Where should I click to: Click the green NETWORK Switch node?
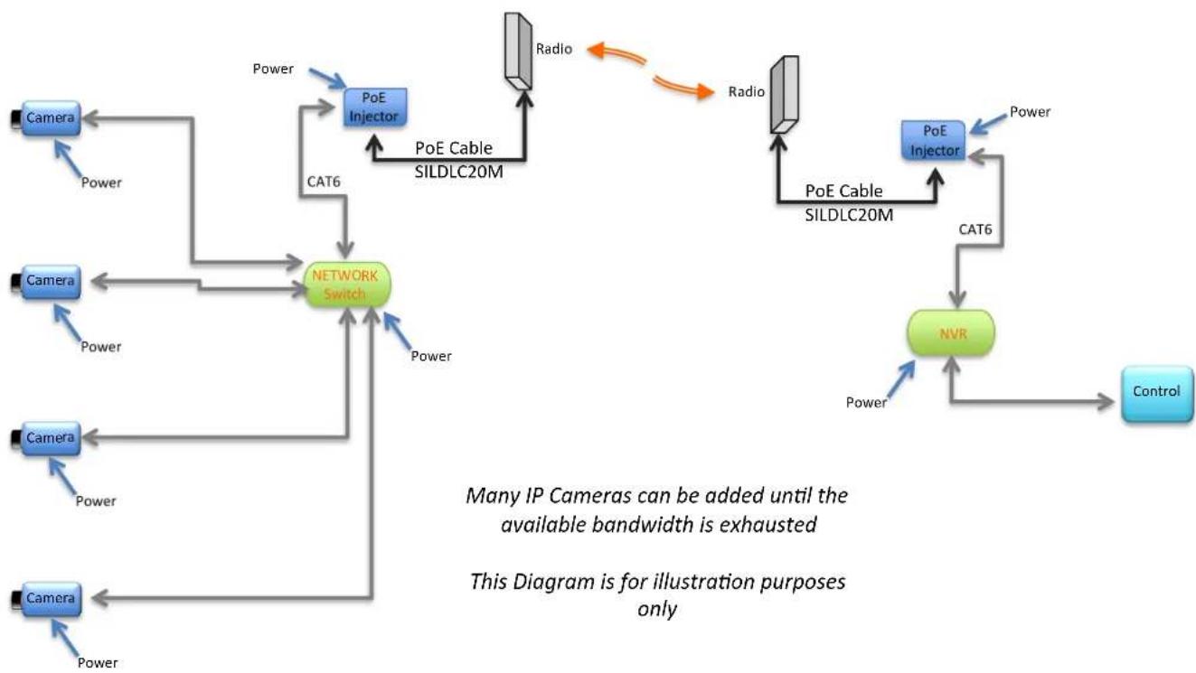(x=347, y=285)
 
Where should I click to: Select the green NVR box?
(x=951, y=333)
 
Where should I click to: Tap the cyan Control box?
(x=1157, y=394)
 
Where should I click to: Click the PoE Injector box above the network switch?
(x=375, y=107)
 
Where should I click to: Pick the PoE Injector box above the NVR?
(x=934, y=140)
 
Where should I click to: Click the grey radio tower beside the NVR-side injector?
(x=785, y=95)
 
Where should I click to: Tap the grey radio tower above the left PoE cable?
(x=518, y=51)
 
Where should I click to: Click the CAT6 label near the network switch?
(x=324, y=182)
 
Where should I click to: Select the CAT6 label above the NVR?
(x=975, y=229)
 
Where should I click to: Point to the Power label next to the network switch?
(x=431, y=356)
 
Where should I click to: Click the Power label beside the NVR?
(x=866, y=402)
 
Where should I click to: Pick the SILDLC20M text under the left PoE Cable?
(x=459, y=172)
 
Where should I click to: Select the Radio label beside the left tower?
(x=554, y=49)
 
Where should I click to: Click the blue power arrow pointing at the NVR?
(x=900, y=379)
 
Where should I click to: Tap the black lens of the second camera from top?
(x=16, y=281)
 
